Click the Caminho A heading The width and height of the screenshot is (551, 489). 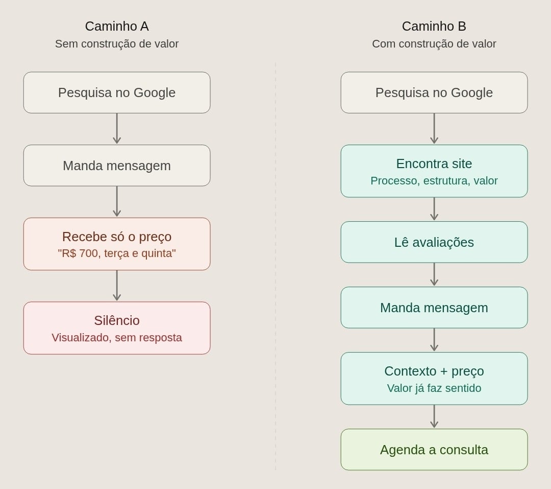click(117, 27)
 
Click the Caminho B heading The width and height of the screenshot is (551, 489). click(434, 27)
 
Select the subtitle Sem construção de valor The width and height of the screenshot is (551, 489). click(117, 43)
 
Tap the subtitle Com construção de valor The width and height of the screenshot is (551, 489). click(434, 43)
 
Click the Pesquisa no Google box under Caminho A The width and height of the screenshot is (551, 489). click(117, 92)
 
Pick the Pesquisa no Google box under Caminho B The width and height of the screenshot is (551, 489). click(434, 92)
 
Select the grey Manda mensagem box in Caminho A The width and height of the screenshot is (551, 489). click(117, 166)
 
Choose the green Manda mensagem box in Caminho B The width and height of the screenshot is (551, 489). click(434, 308)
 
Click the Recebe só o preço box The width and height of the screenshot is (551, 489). click(117, 244)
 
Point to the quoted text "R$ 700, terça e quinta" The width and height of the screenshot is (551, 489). click(117, 253)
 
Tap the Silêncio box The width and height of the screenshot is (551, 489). click(117, 328)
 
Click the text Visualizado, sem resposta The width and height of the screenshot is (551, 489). click(117, 338)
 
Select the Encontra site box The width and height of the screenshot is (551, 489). click(434, 171)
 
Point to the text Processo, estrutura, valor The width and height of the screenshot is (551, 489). click(434, 180)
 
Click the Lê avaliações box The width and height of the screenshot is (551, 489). click(434, 242)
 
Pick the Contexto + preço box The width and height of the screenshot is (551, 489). click(434, 379)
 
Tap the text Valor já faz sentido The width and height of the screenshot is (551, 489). click(434, 388)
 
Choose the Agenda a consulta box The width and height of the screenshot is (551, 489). click(434, 450)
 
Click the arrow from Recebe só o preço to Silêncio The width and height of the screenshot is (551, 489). click(117, 286)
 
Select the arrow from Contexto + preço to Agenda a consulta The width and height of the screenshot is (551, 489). click(434, 416)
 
